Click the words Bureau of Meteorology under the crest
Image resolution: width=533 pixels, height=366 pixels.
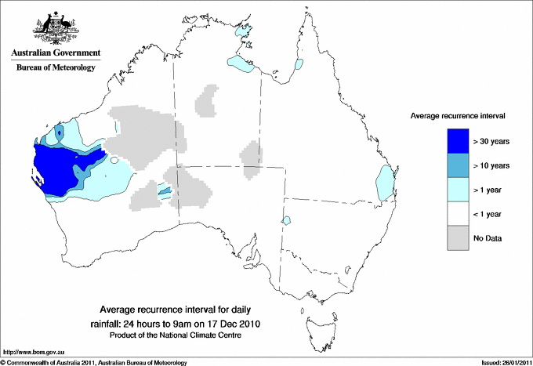coord(56,68)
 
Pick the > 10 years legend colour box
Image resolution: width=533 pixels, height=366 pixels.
coord(457,165)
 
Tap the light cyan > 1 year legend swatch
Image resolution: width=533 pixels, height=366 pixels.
coord(457,189)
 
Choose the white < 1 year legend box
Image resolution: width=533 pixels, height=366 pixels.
coord(457,213)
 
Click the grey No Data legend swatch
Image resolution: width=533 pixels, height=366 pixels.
coord(457,237)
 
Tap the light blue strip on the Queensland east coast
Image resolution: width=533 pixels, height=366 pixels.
coord(385,181)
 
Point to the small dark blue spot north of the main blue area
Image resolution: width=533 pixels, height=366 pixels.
coord(60,133)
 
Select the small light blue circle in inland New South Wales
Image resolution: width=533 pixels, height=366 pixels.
coord(287,220)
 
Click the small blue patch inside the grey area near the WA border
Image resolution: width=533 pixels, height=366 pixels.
coord(165,190)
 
